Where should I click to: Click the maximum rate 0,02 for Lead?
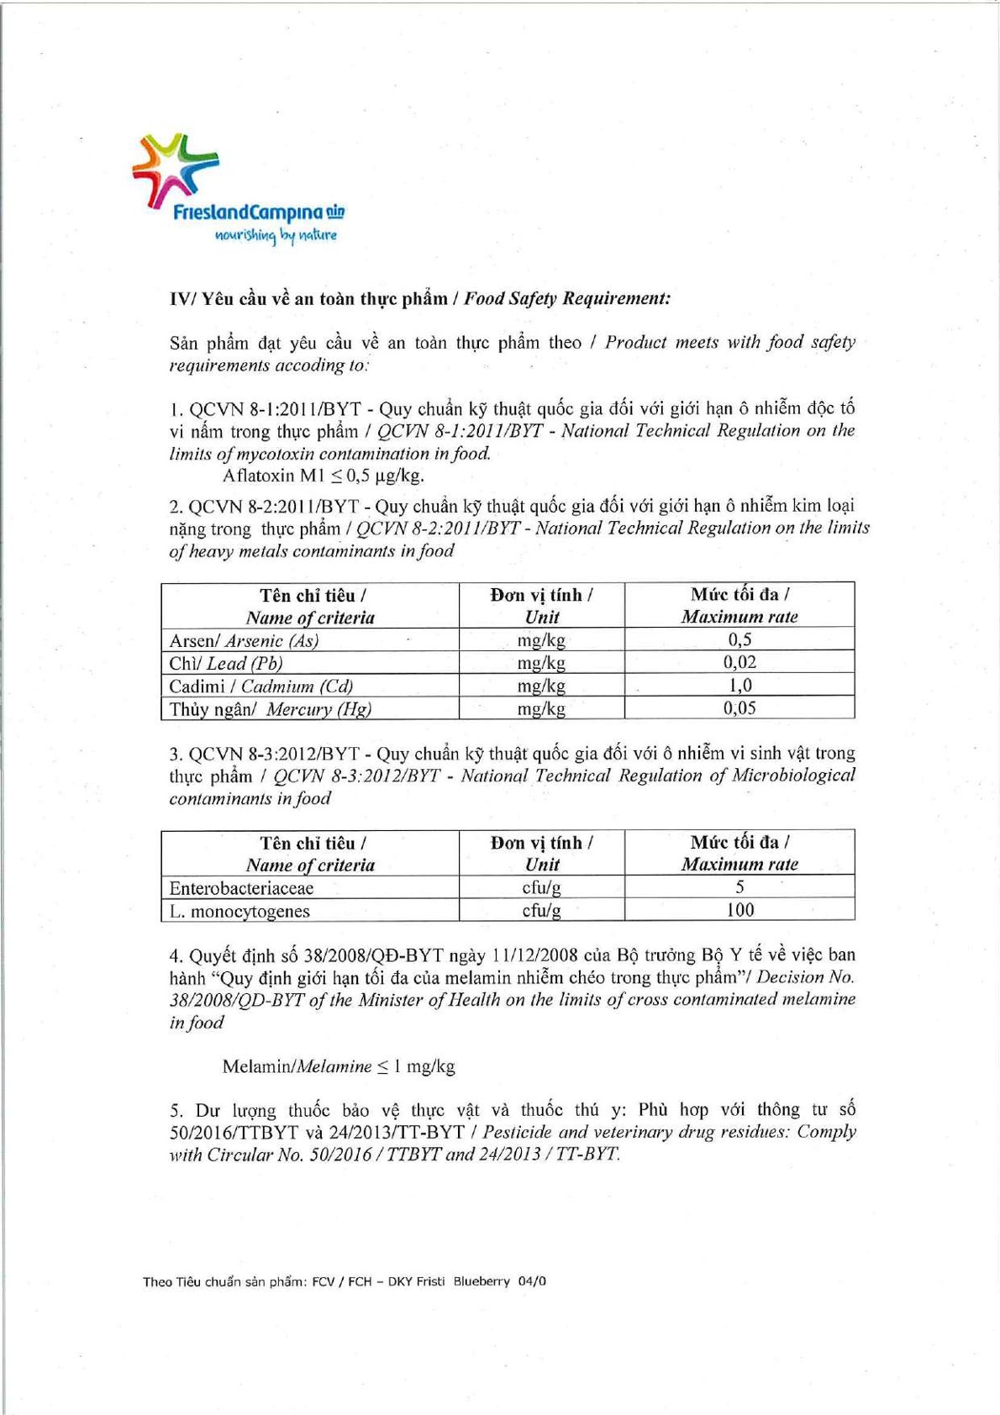tap(739, 662)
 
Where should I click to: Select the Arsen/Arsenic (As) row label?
tap(244, 640)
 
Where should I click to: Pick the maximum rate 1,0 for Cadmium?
tap(739, 685)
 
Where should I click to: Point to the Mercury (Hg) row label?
tap(270, 708)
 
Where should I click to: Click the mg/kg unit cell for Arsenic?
tap(541, 640)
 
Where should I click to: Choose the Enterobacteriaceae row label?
tap(241, 888)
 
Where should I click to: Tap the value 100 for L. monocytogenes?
tap(739, 910)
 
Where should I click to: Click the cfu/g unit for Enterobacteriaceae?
tap(541, 887)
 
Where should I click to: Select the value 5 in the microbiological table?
tap(739, 887)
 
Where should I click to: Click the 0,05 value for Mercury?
tap(739, 707)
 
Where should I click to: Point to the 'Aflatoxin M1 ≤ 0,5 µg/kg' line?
tap(323, 476)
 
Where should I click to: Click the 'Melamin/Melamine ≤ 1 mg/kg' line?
tap(338, 1066)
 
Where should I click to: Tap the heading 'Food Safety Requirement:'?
tap(567, 298)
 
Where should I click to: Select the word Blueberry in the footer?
tap(482, 1281)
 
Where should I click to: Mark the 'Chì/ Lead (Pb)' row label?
tap(225, 663)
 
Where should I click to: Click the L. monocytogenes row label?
tap(239, 911)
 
